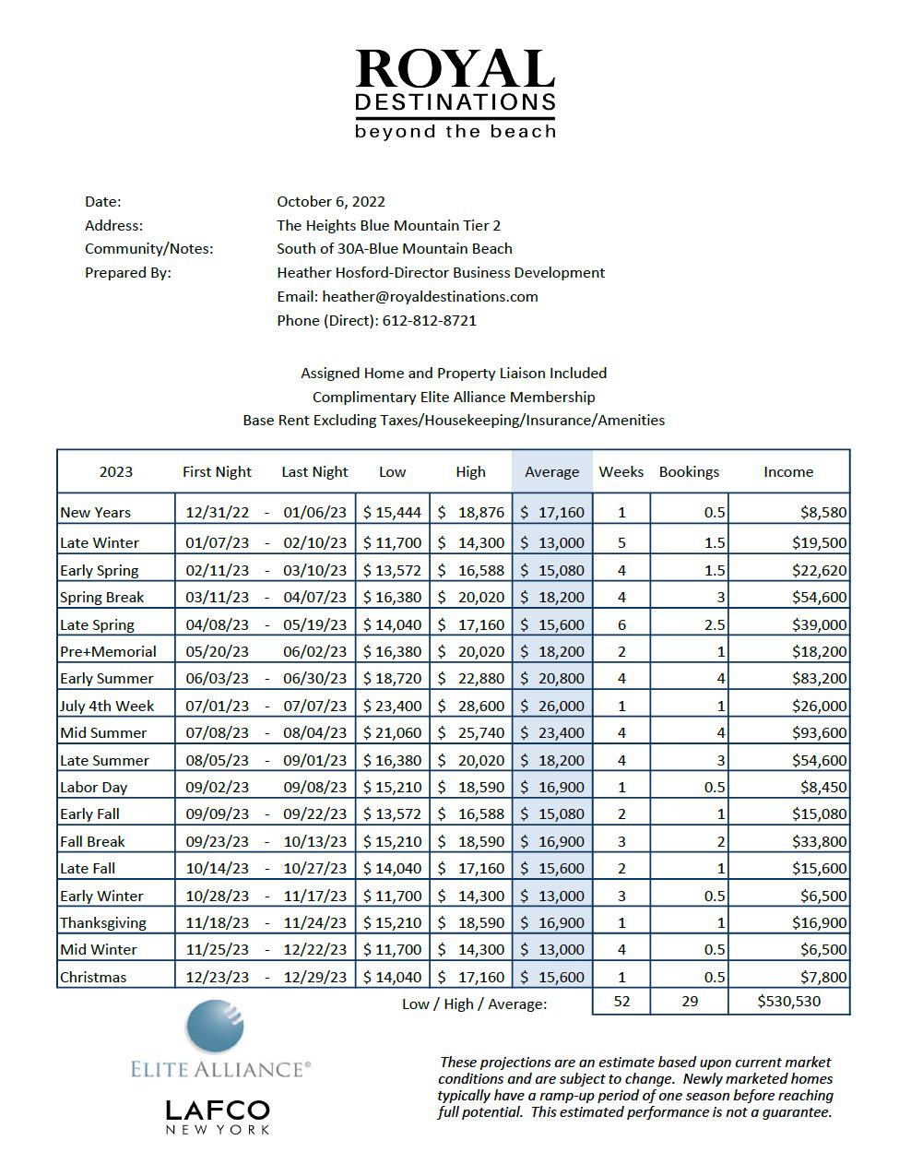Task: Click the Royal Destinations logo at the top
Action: point(455,93)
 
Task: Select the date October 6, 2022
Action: point(331,201)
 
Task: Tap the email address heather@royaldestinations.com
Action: point(430,296)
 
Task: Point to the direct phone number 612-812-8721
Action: point(429,320)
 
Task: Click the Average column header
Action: point(551,471)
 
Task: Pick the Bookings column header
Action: point(689,471)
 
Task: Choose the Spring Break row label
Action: point(102,597)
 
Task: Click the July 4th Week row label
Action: point(107,706)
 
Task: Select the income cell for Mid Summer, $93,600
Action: point(819,732)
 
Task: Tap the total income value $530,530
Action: point(788,1001)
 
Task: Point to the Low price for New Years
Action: point(392,512)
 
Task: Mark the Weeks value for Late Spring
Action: point(621,624)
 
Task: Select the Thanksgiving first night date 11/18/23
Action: point(217,922)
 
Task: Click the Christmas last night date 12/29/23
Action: point(315,977)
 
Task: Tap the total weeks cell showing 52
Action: point(621,1001)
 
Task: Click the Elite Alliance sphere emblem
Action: point(216,1027)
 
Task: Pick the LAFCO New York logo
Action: point(218,1115)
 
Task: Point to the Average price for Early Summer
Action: point(551,678)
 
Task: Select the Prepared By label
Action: point(128,272)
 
